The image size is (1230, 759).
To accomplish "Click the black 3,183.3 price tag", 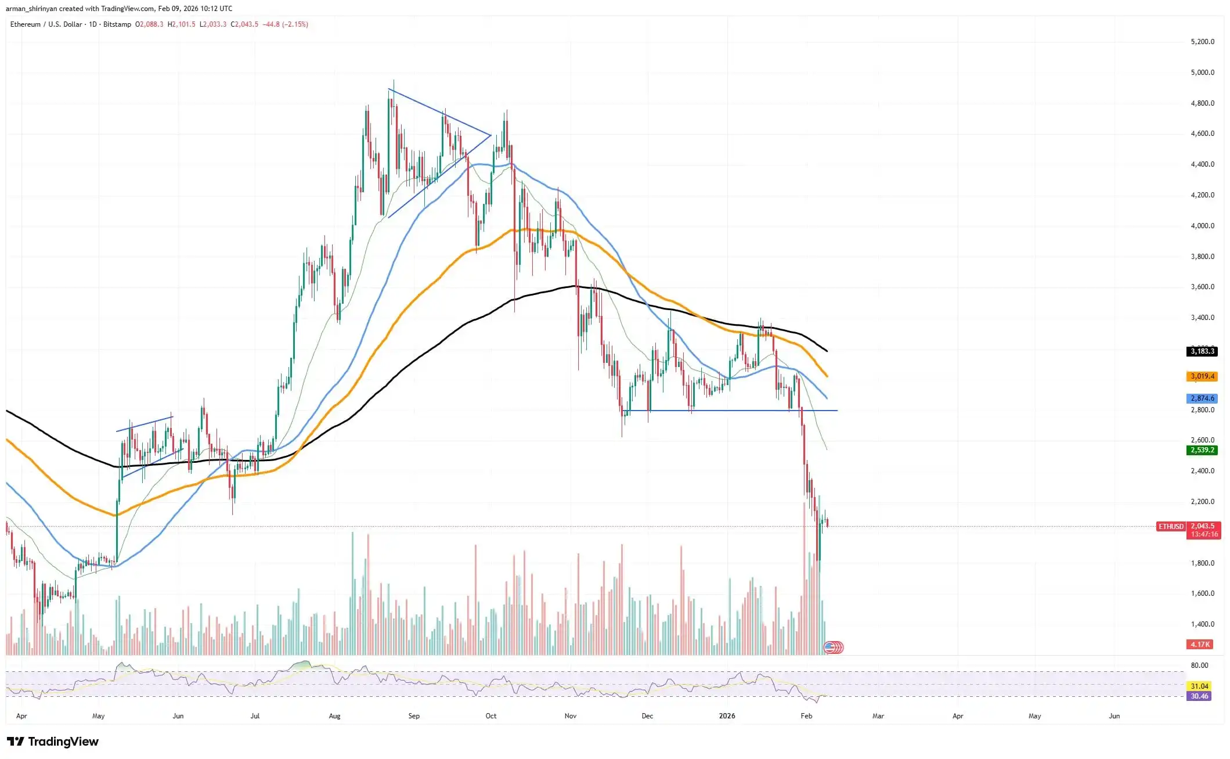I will (1202, 351).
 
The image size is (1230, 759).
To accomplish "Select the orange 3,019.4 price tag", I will (1202, 376).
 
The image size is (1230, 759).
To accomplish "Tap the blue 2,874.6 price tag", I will (1202, 398).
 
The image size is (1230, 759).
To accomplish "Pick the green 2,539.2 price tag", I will (1202, 450).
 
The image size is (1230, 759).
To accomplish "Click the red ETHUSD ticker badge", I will (1171, 526).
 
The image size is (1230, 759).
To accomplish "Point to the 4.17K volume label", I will (1200, 645).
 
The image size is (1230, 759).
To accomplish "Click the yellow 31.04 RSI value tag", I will (1199, 686).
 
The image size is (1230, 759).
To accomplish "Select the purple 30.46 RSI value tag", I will (1199, 696).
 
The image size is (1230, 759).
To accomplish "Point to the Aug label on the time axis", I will (334, 716).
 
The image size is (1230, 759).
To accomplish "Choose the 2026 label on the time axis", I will (727, 716).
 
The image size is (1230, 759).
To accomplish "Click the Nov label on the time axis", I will (571, 716).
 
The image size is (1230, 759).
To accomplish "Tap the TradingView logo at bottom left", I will (53, 742).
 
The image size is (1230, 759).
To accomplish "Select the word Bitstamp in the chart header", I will (117, 24).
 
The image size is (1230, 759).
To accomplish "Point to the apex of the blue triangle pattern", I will (491, 135).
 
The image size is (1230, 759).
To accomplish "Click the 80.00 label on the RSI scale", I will (1199, 666).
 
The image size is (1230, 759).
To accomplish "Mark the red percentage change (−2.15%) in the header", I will (295, 24).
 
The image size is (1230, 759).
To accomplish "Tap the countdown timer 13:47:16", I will (1204, 534).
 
